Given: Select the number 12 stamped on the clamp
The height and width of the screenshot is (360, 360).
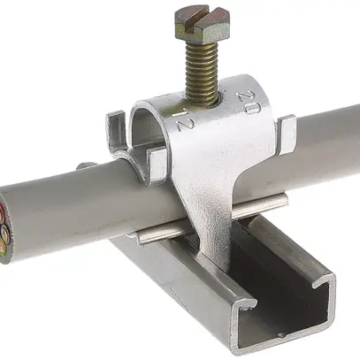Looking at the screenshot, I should [x=183, y=120].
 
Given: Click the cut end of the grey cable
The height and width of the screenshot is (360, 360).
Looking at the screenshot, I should [x=11, y=225].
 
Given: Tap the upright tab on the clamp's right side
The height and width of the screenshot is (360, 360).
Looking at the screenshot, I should [x=285, y=133].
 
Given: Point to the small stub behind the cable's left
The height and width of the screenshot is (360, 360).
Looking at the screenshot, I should [x=84, y=166].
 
